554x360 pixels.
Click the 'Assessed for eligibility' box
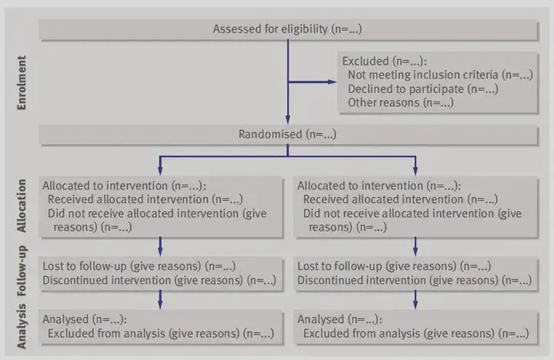pos(289,29)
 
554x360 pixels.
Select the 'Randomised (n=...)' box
pos(289,135)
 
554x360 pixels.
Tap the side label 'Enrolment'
pos(22,82)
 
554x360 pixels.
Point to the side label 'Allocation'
pos(22,205)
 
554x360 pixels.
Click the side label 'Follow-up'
pos(22,271)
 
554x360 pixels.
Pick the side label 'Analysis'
pos(22,326)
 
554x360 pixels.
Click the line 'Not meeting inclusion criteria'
pos(440,75)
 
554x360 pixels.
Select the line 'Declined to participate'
pos(423,89)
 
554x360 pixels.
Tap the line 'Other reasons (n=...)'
pos(401,103)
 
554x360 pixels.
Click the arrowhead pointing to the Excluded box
pos(332,82)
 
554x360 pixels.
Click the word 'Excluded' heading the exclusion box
pos(365,61)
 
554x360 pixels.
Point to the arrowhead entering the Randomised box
pos(288,119)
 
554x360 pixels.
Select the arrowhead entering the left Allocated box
pos(160,171)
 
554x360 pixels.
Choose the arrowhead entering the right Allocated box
pos(415,171)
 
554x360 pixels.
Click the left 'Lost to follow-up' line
pos(139,266)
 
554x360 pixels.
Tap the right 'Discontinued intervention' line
pos(415,280)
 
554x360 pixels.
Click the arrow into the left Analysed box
pos(160,300)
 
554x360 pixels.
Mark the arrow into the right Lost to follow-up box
pos(415,247)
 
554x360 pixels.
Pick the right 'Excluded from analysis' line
pos(415,334)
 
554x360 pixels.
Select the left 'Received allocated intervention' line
pos(145,199)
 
